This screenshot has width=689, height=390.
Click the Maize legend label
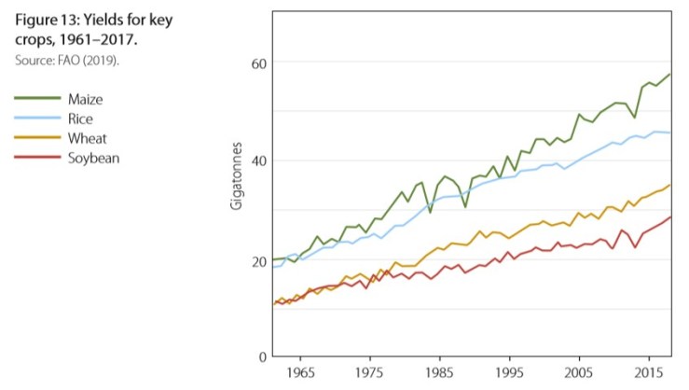point(87,98)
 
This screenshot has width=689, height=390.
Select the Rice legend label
point(81,118)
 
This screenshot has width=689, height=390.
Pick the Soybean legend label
point(93,158)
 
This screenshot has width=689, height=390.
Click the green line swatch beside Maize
point(34,98)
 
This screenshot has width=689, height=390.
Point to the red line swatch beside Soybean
point(34,158)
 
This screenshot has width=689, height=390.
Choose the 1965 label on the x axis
point(299,373)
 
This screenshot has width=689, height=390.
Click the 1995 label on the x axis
point(508,373)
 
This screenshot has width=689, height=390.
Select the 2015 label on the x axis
point(647,373)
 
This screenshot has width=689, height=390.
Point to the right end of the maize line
point(669,74)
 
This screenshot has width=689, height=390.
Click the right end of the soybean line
point(669,217)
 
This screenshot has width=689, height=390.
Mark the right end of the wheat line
point(669,185)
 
